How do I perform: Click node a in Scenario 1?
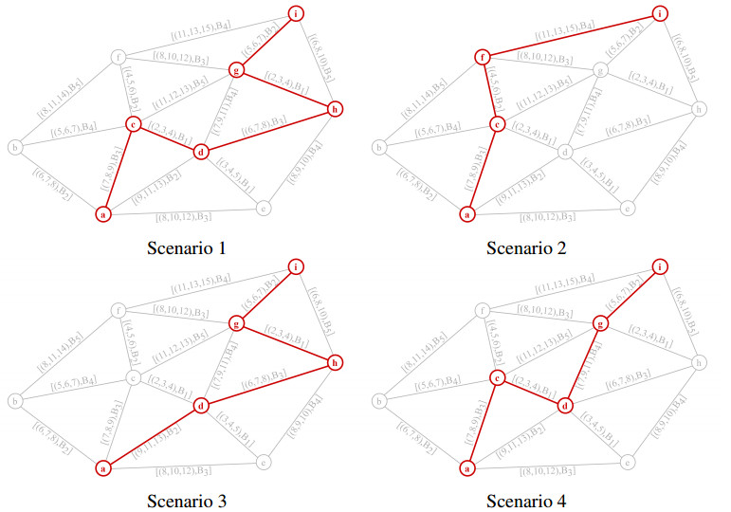pyautogui.click(x=103, y=214)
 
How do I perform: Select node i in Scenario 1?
pyautogui.click(x=297, y=13)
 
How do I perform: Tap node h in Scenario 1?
pyautogui.click(x=334, y=111)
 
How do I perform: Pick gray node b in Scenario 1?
pyautogui.click(x=15, y=147)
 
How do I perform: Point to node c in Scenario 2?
pyautogui.click(x=495, y=124)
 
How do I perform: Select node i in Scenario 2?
pyautogui.click(x=660, y=13)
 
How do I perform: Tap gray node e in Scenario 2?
pyautogui.click(x=627, y=207)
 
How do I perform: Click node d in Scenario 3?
pyautogui.click(x=200, y=406)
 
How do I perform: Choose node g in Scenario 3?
pyautogui.click(x=237, y=324)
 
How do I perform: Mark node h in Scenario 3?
pyautogui.click(x=334, y=365)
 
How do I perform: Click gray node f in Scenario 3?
pyautogui.click(x=118, y=310)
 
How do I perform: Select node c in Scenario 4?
pyautogui.click(x=495, y=378)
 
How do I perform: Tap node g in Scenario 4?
pyautogui.click(x=598, y=324)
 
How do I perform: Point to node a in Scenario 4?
pyautogui.click(x=466, y=467)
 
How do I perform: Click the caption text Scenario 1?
pyautogui.click(x=187, y=249)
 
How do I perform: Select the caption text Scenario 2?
pyautogui.click(x=526, y=249)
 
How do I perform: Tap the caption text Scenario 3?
pyautogui.click(x=187, y=502)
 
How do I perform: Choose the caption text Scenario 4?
pyautogui.click(x=526, y=502)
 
